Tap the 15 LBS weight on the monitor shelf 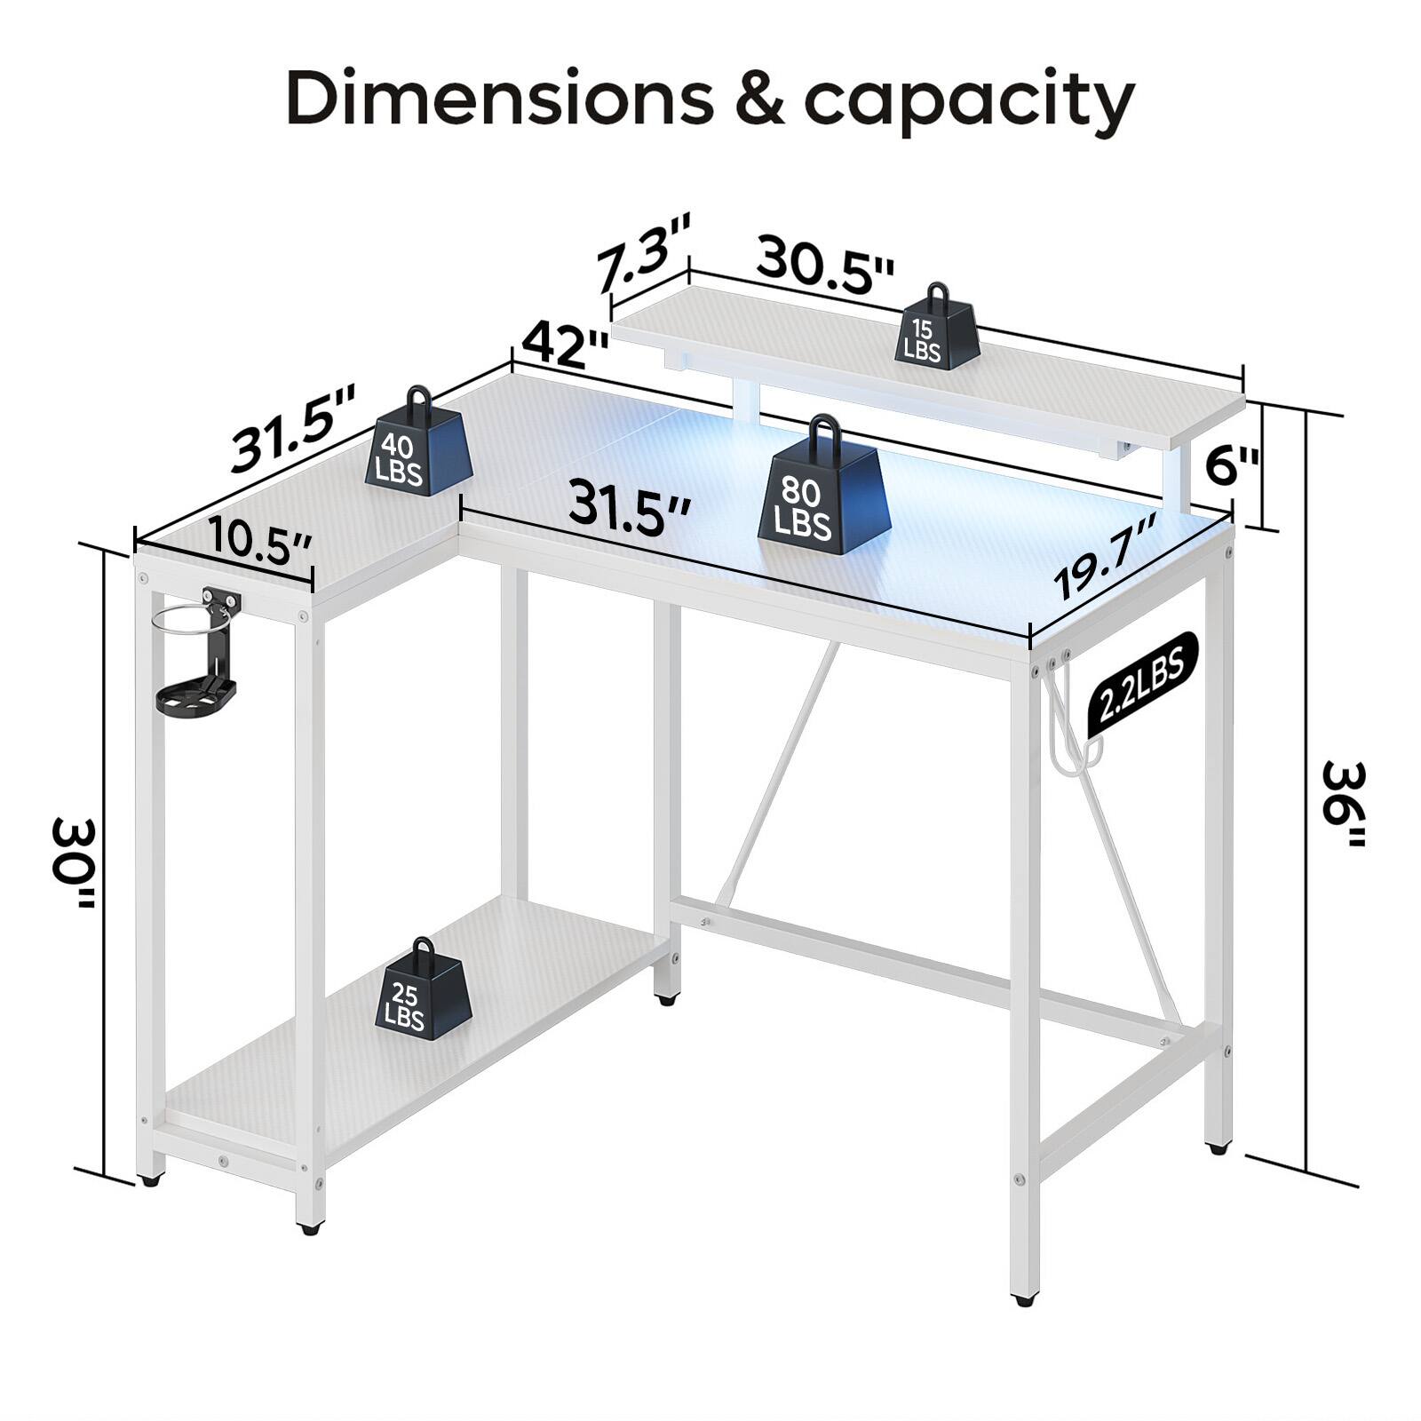click(938, 329)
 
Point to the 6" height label click(1233, 465)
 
